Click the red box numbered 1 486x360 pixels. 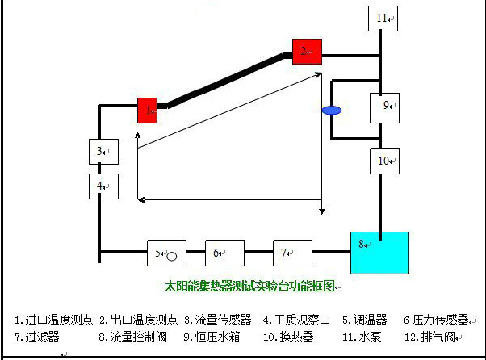(x=147, y=110)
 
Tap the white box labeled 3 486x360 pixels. (x=103, y=151)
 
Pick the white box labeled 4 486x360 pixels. (x=103, y=186)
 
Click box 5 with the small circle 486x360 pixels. (x=166, y=253)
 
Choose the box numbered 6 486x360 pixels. (x=224, y=253)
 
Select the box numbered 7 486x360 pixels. (x=291, y=253)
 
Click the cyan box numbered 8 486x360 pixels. (x=379, y=253)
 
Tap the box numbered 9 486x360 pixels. (x=385, y=106)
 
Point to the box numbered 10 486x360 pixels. (x=385, y=160)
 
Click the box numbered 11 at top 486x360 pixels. (x=383, y=18)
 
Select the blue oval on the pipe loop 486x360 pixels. (x=329, y=110)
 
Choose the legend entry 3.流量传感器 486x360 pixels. (x=217, y=320)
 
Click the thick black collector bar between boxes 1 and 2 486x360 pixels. (x=225, y=80)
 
